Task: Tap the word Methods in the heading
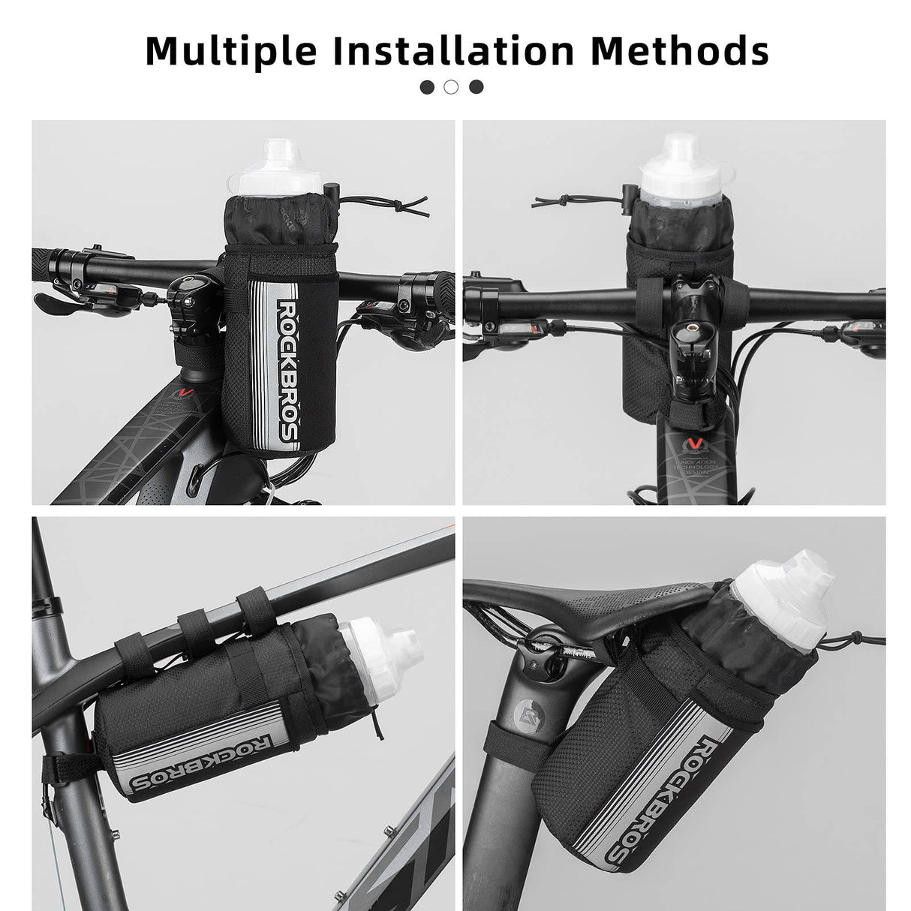tap(680, 51)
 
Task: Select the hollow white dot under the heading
tap(451, 87)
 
